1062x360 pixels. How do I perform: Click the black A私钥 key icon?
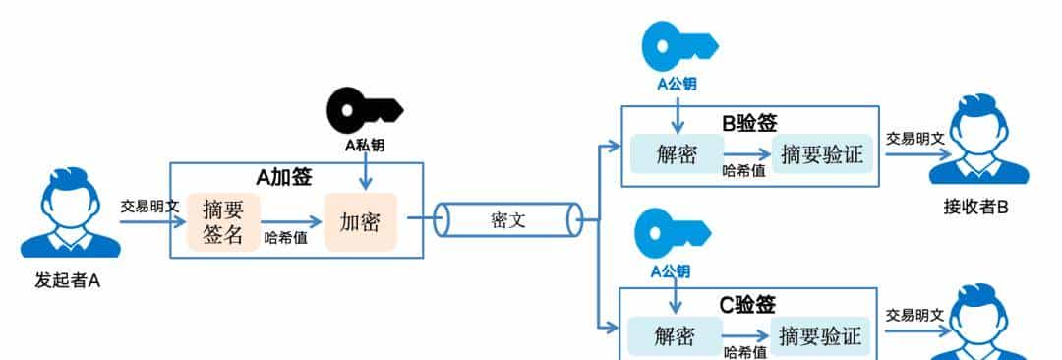(x=364, y=106)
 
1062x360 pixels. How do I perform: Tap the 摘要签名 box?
(x=223, y=222)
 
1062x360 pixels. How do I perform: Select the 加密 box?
(x=359, y=221)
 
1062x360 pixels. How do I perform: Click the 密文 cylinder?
(x=508, y=219)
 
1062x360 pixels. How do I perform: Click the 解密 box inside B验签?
(x=677, y=153)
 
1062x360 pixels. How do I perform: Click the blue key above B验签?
(x=676, y=44)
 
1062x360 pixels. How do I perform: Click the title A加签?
(x=284, y=177)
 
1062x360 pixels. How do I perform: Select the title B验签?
(x=749, y=123)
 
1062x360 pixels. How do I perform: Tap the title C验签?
(x=747, y=305)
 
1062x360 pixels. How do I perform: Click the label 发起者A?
(x=68, y=282)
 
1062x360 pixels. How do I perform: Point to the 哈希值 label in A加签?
(x=285, y=237)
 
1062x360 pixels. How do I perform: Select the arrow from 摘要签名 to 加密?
(x=292, y=222)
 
